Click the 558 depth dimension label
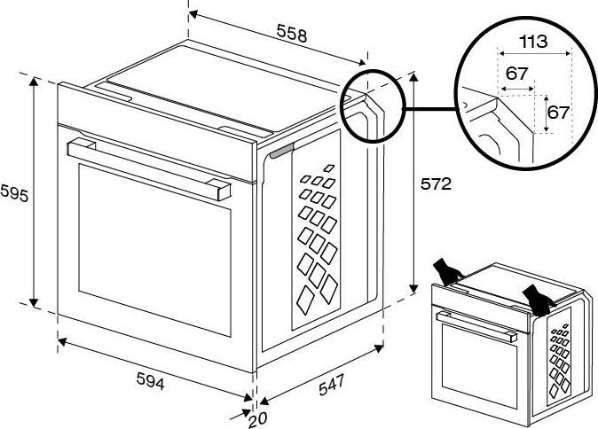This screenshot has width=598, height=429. [292, 33]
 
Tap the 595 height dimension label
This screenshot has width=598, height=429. [14, 193]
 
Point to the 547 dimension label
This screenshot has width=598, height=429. [332, 385]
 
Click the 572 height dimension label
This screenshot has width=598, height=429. [436, 184]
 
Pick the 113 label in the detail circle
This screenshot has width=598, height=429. [533, 41]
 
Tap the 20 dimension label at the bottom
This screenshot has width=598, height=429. [258, 420]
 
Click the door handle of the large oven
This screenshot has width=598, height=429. [149, 168]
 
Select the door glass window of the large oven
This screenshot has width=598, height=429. [154, 250]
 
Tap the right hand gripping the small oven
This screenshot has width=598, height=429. [538, 299]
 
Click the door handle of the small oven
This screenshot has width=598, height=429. [476, 326]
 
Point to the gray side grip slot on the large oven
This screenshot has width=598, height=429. [282, 151]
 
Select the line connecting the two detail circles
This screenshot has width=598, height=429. [429, 109]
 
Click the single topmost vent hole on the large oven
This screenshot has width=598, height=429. [329, 168]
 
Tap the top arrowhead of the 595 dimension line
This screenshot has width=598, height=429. [34, 81]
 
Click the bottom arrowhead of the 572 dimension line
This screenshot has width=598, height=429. [413, 289]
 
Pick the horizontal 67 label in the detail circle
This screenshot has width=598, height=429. [516, 74]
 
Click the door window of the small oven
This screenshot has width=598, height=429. [480, 366]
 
